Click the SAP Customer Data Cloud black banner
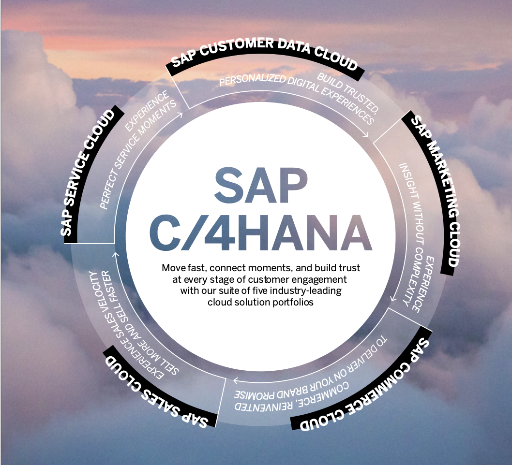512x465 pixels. click(264, 53)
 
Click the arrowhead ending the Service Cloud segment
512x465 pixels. click(181, 115)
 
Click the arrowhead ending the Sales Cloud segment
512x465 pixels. click(115, 254)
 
